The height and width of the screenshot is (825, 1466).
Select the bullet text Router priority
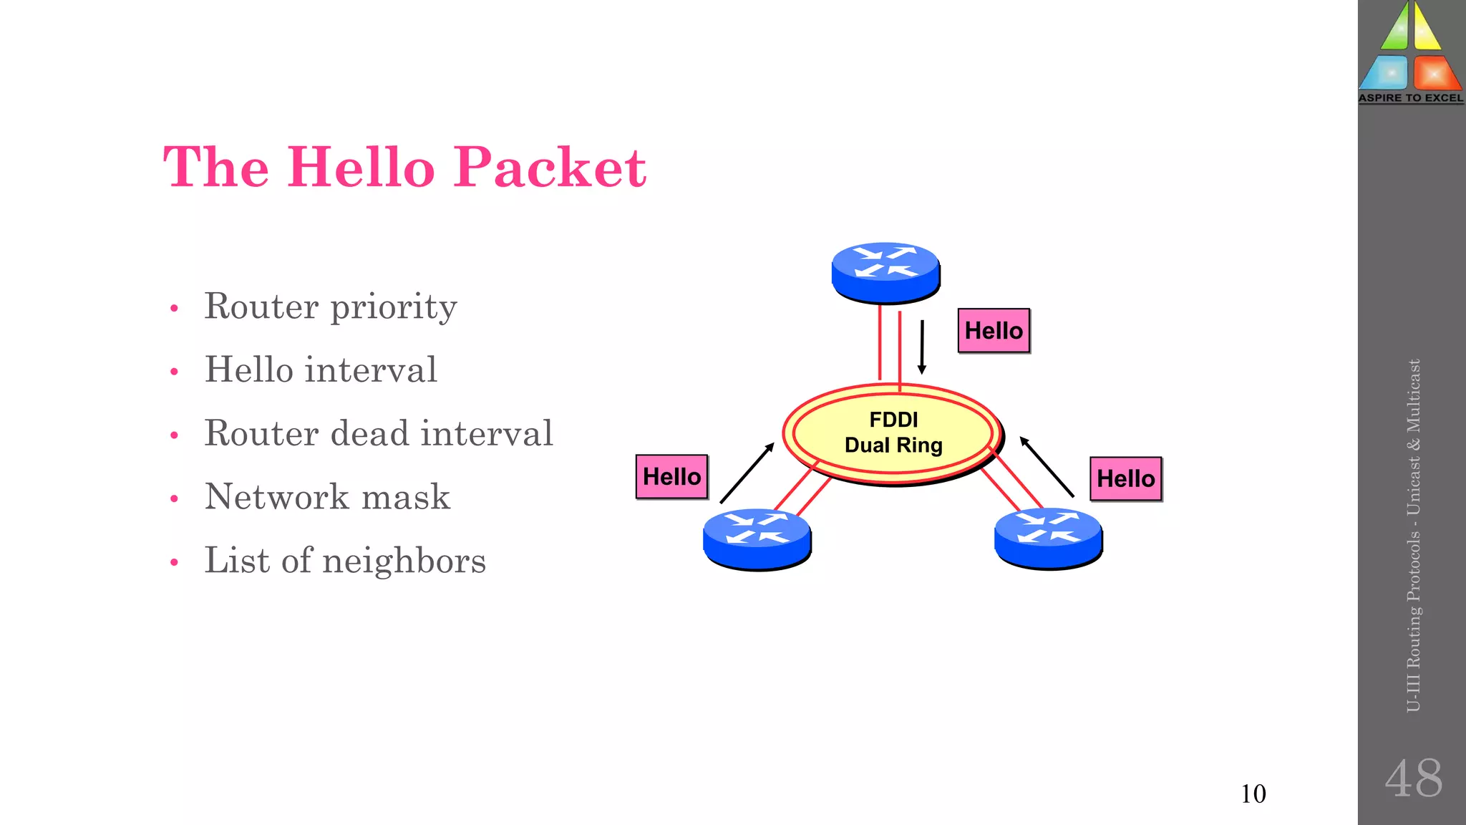(330, 307)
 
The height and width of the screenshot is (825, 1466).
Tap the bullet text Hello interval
(320, 370)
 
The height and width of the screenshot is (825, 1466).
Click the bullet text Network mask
(327, 497)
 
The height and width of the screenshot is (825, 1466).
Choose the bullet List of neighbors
(344, 560)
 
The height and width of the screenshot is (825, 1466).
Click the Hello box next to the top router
(994, 331)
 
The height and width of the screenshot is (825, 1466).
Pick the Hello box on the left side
(671, 477)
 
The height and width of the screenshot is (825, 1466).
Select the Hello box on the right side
(1125, 479)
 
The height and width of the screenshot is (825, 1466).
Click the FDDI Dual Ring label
(893, 433)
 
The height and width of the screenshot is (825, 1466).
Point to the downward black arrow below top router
(922, 347)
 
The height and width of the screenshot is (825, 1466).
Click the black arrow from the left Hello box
(747, 473)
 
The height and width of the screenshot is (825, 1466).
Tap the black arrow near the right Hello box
(1047, 466)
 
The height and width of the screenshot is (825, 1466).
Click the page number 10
(1253, 794)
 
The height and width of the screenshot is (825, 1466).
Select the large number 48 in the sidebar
(1413, 778)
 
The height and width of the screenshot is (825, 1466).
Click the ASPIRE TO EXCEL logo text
(1411, 98)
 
